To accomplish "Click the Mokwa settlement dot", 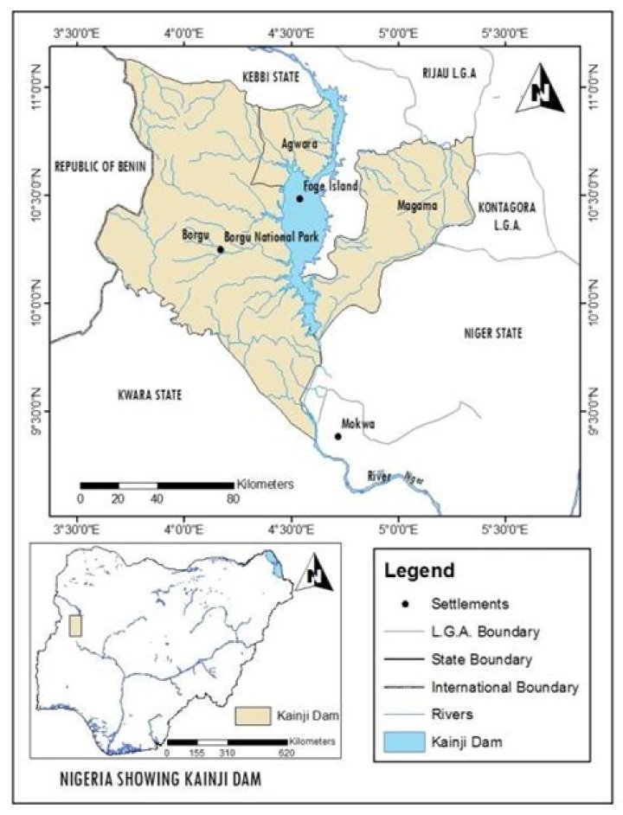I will [x=337, y=436].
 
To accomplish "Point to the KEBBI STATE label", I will [x=271, y=78].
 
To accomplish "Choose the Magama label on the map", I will [x=417, y=206].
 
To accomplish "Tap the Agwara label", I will [x=299, y=143].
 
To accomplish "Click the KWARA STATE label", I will [x=149, y=395].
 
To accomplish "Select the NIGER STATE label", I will [x=494, y=332].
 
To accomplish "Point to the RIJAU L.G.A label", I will [x=450, y=73].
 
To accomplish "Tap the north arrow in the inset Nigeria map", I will [x=314, y=572].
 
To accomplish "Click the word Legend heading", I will [x=419, y=571].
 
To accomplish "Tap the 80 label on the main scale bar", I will [x=233, y=499].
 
